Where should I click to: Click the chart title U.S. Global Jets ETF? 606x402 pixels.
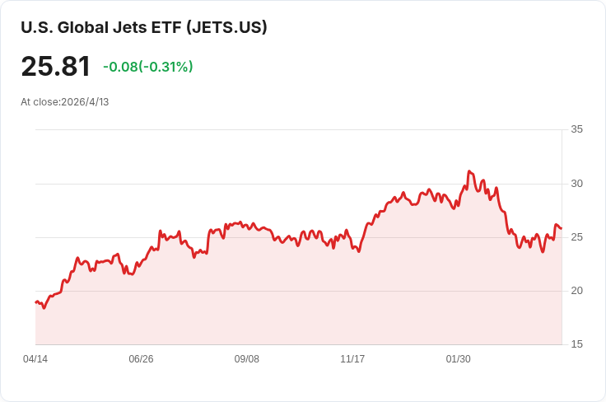pos(101,27)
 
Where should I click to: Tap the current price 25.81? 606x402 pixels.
pos(56,66)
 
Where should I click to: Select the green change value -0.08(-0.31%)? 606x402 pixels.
pos(148,67)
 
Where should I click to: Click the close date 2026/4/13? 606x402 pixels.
pos(85,102)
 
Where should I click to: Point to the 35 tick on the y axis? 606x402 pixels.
pos(576,129)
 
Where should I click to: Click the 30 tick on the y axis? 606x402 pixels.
pos(576,184)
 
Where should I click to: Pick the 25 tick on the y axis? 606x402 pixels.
pos(576,237)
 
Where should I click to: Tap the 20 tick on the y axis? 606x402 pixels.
pos(576,291)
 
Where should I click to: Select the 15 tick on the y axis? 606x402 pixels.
pos(576,344)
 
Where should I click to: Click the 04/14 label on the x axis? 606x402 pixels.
pos(35,359)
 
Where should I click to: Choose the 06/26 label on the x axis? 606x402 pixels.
pos(141,359)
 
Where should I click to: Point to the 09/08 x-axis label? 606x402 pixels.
pos(246,359)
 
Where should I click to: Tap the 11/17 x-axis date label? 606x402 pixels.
pos(352,359)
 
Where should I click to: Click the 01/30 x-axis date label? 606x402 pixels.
pos(459,359)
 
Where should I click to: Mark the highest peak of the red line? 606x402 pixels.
pos(469,171)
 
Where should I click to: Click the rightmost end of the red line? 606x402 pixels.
pos(562,228)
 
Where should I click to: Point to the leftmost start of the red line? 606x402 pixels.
pos(35,302)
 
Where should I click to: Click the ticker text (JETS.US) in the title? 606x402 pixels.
pos(226,27)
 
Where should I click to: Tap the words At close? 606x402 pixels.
pos(40,102)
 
